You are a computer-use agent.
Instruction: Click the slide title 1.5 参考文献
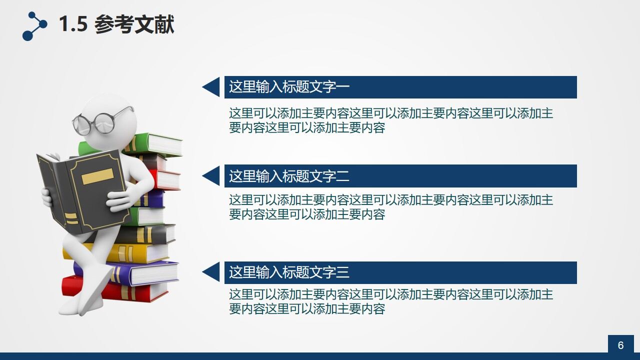coord(116,24)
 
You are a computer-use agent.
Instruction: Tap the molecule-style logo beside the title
coord(34,26)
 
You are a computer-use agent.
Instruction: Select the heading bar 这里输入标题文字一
coord(400,87)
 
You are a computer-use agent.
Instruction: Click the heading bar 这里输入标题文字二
coord(400,176)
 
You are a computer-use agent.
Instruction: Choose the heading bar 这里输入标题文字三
coord(400,272)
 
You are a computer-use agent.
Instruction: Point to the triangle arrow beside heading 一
coord(212,87)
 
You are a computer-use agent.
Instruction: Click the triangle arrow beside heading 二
coord(212,176)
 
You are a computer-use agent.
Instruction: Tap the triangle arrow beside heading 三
coord(212,272)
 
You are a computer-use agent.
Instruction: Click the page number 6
coord(620,345)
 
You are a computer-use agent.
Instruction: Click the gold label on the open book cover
coord(97,176)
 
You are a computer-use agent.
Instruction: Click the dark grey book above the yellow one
coord(150,234)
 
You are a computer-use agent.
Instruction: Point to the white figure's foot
coord(75,307)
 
